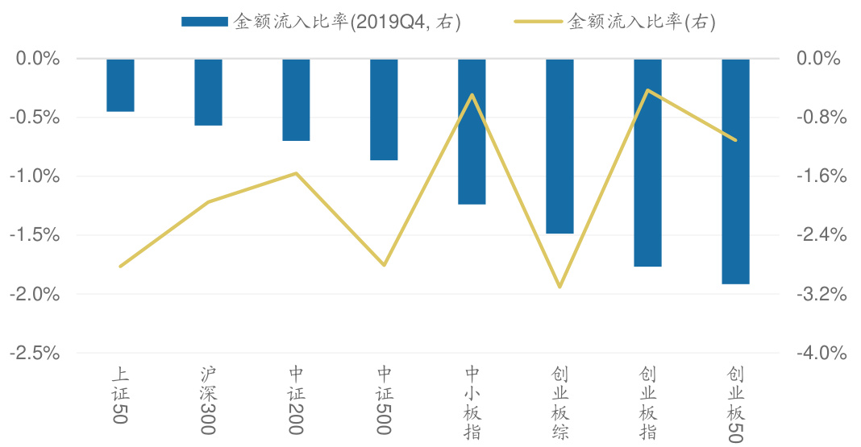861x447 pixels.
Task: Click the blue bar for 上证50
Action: (120, 85)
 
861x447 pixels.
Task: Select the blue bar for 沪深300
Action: (208, 93)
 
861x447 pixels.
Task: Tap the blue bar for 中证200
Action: (296, 100)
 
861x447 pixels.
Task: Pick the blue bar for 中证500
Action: (384, 110)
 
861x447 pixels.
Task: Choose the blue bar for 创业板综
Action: (559, 147)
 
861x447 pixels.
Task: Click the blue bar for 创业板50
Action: (735, 172)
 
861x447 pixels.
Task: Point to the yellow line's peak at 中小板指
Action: (472, 95)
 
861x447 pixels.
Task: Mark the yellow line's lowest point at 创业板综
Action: (559, 287)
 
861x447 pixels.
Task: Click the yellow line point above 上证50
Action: (120, 266)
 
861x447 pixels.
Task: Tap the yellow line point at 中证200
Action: (296, 173)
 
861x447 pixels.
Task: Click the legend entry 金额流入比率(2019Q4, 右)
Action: (322, 23)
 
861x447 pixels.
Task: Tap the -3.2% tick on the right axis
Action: (821, 295)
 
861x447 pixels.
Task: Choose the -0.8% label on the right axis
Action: (821, 118)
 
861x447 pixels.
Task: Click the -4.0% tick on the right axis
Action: (821, 353)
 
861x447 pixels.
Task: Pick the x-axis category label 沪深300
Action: (208, 401)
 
